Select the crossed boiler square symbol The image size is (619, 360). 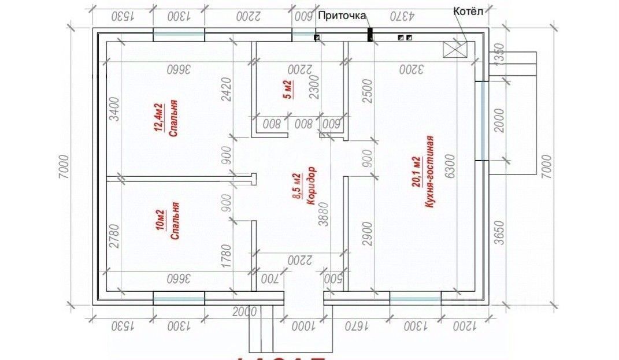(454, 50)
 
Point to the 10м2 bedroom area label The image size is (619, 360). (161, 220)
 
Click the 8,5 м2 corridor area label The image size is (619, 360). (297, 187)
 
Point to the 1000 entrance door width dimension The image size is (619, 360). (303, 326)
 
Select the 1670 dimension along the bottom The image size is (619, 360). (357, 326)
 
